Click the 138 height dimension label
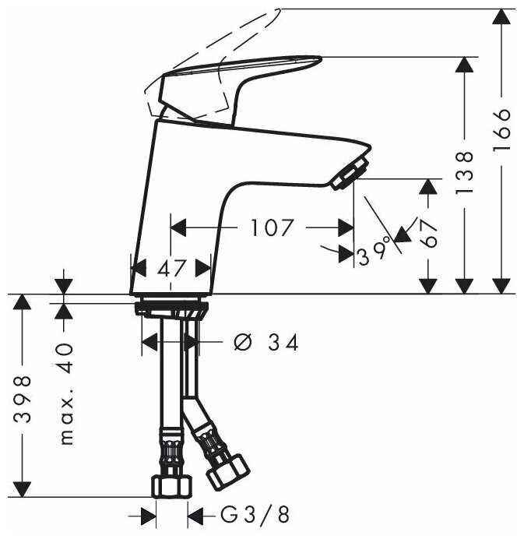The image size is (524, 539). [x=464, y=173]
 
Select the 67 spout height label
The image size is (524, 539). [x=427, y=233]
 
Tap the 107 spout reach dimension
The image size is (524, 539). [x=273, y=227]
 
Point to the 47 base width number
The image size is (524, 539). [x=172, y=268]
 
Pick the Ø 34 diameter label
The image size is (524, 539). [x=266, y=343]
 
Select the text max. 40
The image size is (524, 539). [x=66, y=393]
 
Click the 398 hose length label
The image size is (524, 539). [x=23, y=399]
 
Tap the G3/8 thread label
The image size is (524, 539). [x=255, y=515]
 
